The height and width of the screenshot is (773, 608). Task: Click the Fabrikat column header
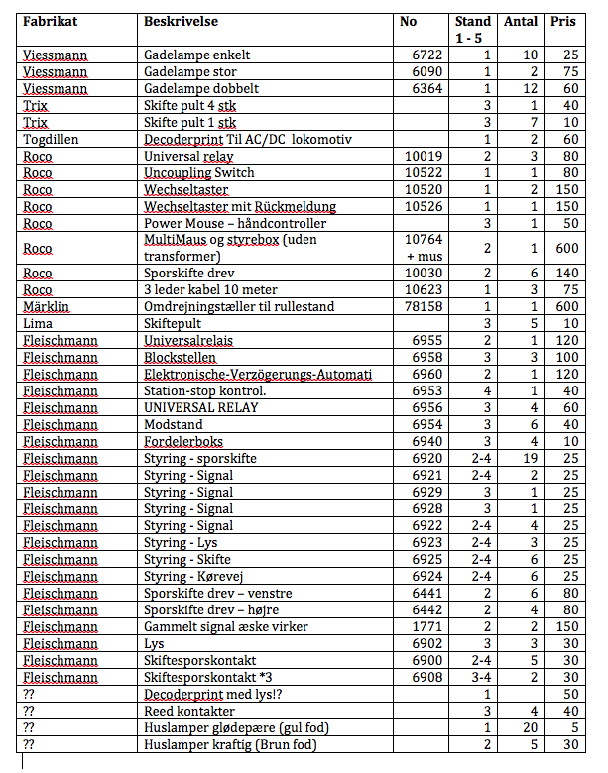tap(51, 21)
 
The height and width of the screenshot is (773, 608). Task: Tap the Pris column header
tap(563, 21)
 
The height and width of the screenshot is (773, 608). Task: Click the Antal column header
tap(521, 21)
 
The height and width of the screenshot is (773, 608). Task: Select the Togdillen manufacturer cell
tap(52, 139)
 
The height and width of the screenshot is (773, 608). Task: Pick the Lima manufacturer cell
tap(37, 324)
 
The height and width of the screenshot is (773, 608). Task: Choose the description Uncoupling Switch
tap(198, 172)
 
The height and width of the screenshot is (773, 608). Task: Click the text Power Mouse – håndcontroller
tap(235, 223)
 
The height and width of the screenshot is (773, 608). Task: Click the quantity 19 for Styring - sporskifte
tap(530, 458)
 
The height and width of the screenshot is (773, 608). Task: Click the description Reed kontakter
tap(189, 711)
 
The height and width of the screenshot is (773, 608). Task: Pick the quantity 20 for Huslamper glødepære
tap(530, 727)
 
